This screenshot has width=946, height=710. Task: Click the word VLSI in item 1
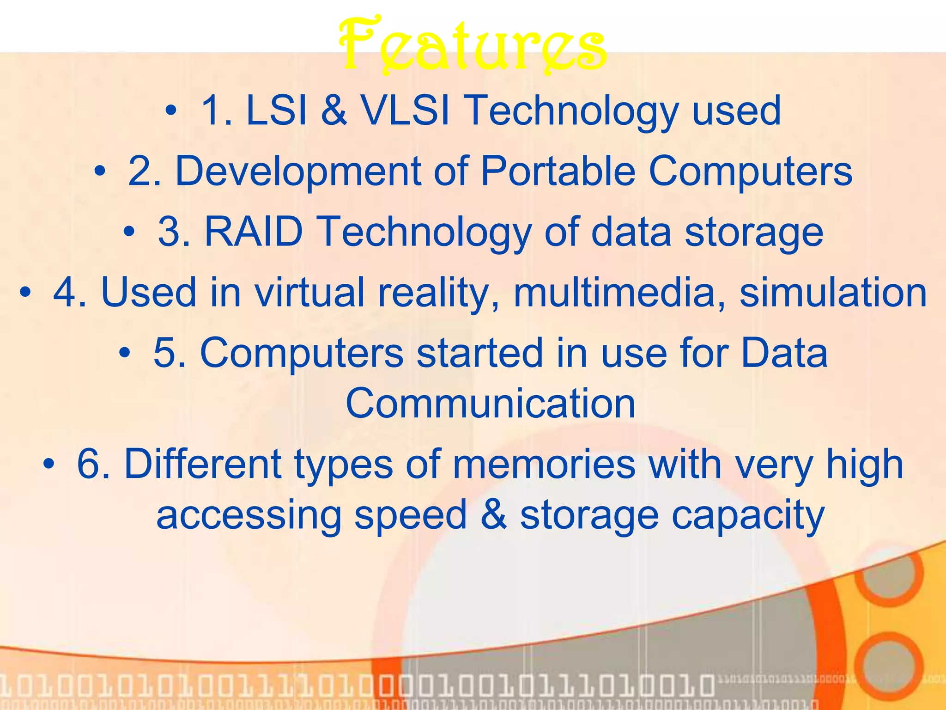point(405,111)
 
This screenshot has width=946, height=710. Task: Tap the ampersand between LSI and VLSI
point(334,111)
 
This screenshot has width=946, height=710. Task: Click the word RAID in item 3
point(253,232)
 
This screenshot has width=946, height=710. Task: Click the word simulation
point(833,293)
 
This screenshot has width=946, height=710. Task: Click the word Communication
point(491,404)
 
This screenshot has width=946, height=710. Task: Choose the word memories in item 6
point(544,465)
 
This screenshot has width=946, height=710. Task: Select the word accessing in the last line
point(249,516)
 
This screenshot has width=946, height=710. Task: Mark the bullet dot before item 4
point(25,293)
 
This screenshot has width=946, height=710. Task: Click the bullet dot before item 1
point(171,111)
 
